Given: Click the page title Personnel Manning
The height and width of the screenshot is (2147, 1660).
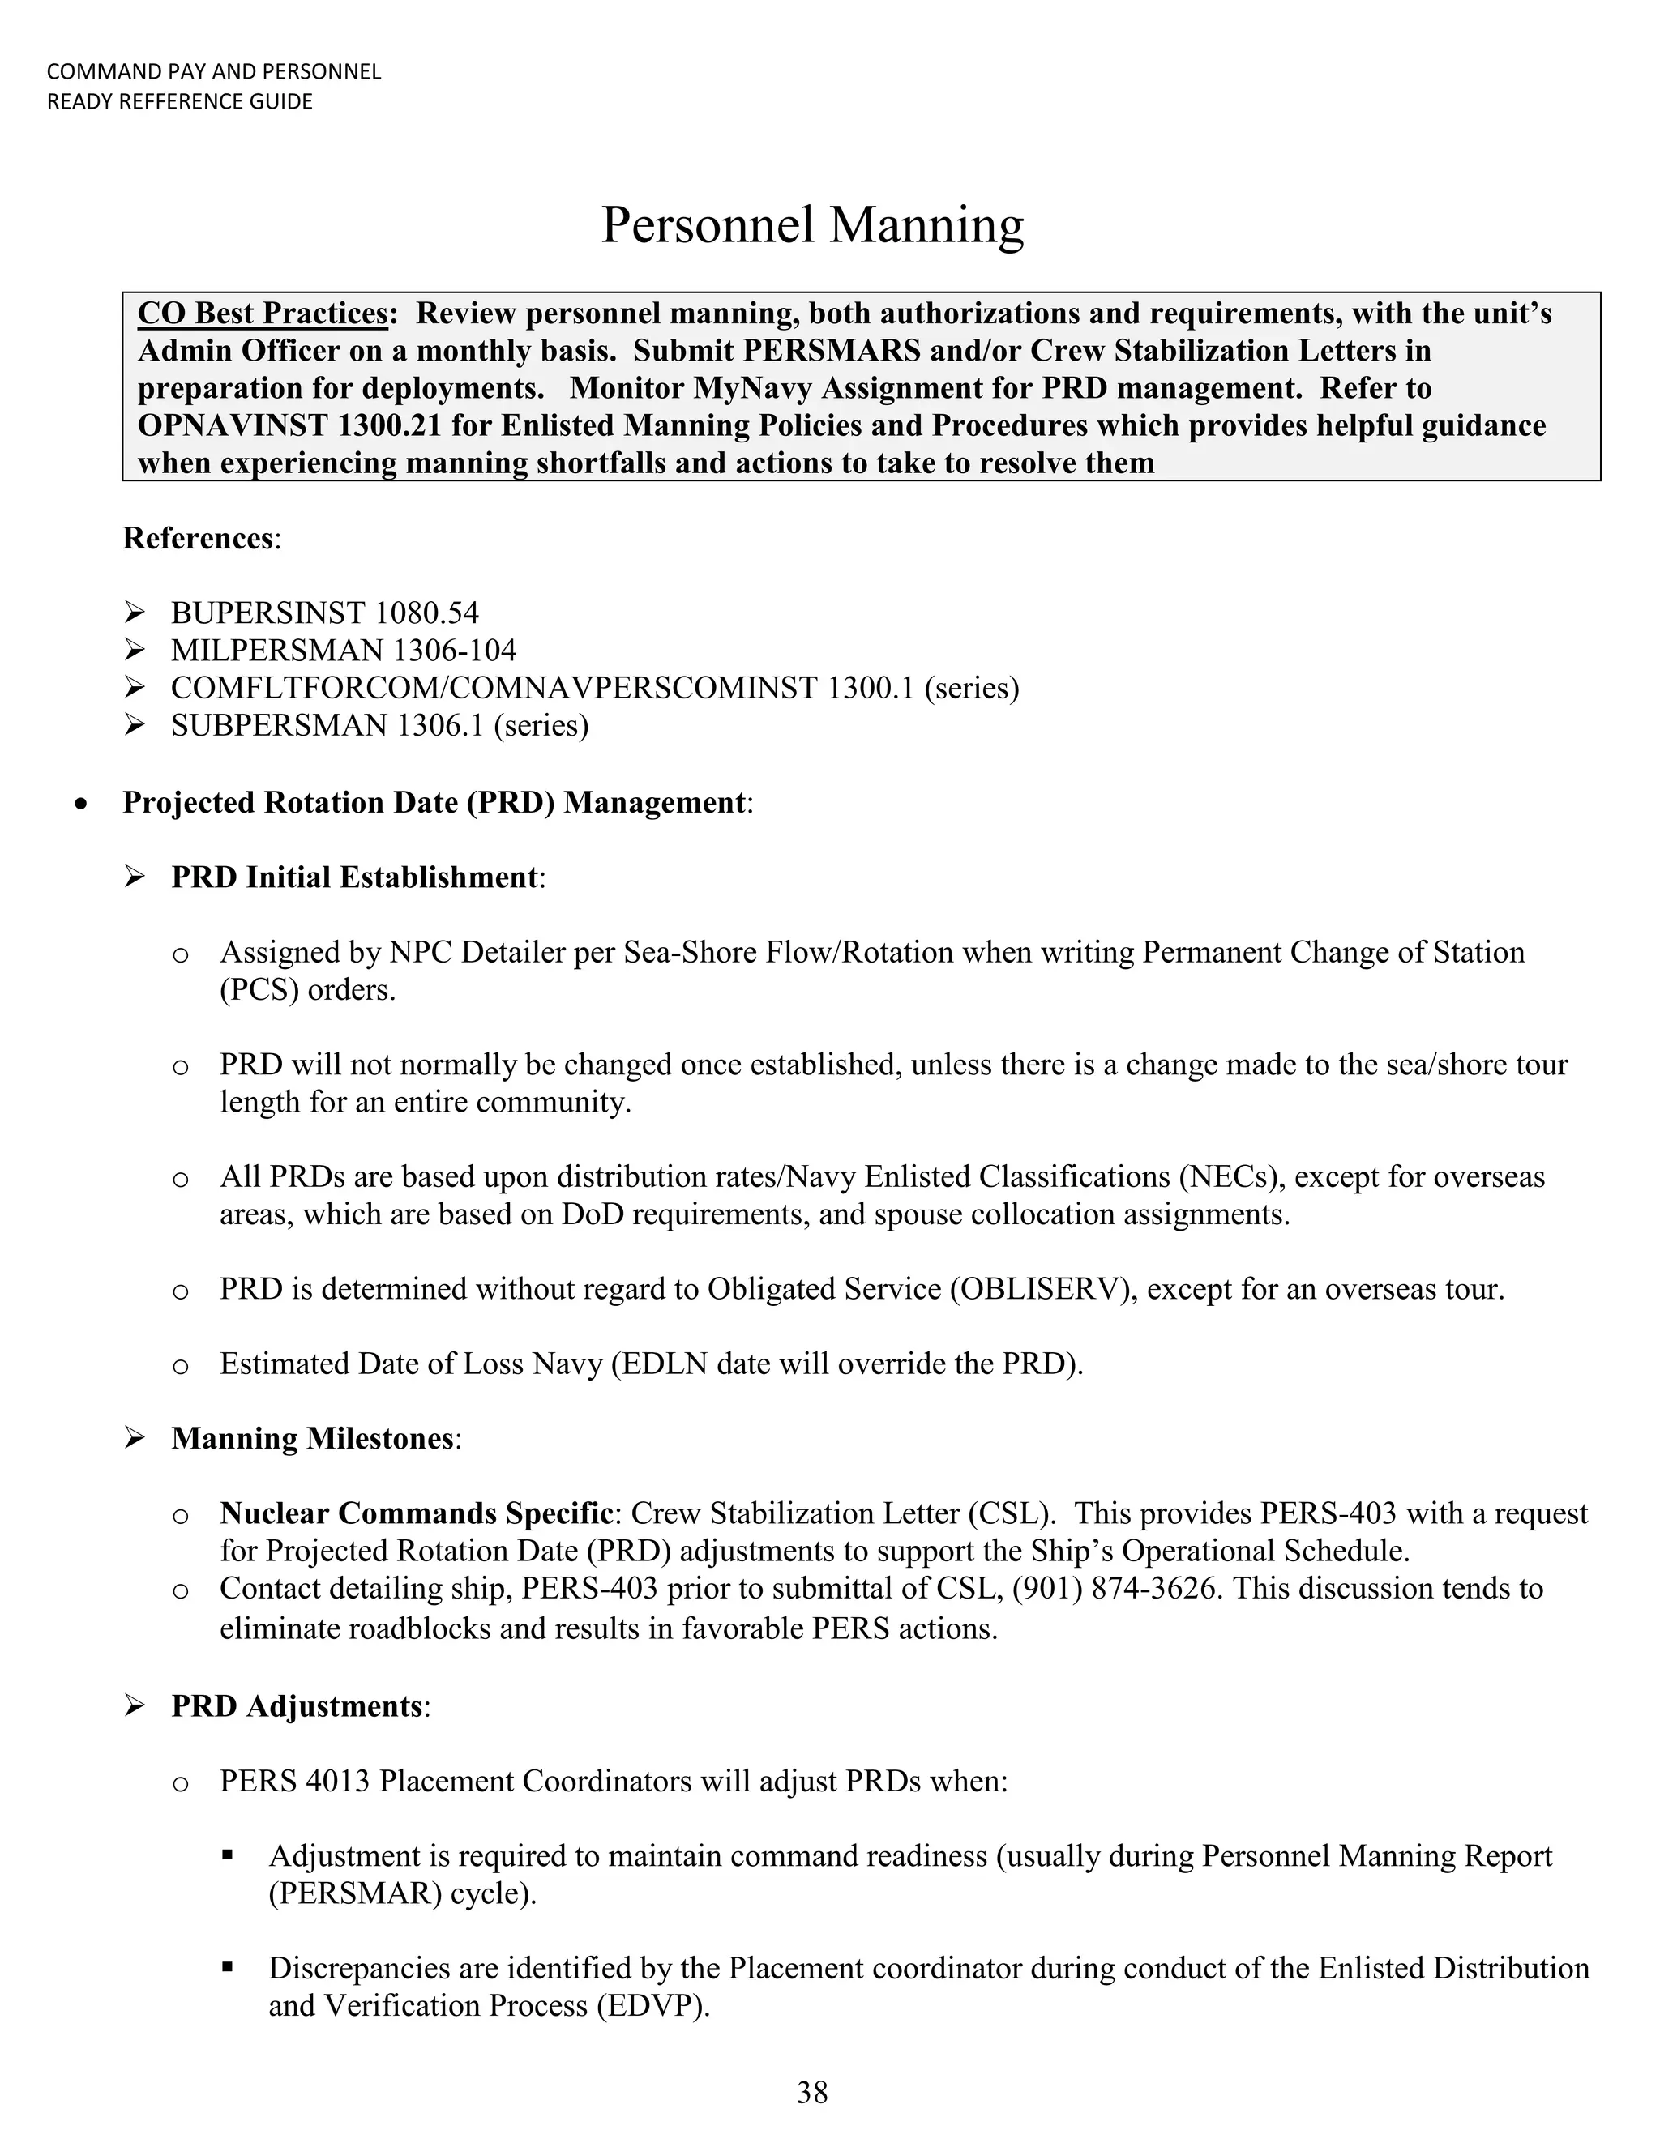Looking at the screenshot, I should [811, 225].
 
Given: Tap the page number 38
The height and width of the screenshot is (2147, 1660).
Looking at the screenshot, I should [812, 2092].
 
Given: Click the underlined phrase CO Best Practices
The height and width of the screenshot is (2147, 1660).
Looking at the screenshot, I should [263, 314].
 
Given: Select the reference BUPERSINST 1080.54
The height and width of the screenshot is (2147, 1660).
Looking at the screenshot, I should [324, 613].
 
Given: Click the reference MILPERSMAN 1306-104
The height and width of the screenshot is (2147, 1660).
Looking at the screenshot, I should [343, 651].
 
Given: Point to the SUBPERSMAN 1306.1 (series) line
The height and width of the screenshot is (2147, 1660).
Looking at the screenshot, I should [379, 725].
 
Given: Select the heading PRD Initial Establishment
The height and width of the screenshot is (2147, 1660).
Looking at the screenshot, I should [355, 877].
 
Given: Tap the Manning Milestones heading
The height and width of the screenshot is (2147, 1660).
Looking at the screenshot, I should [313, 1438].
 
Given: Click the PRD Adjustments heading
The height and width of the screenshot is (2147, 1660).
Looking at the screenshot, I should [297, 1705].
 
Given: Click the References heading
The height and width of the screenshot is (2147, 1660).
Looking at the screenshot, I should [198, 539].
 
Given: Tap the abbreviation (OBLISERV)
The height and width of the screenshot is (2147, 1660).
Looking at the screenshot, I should [1042, 1289].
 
